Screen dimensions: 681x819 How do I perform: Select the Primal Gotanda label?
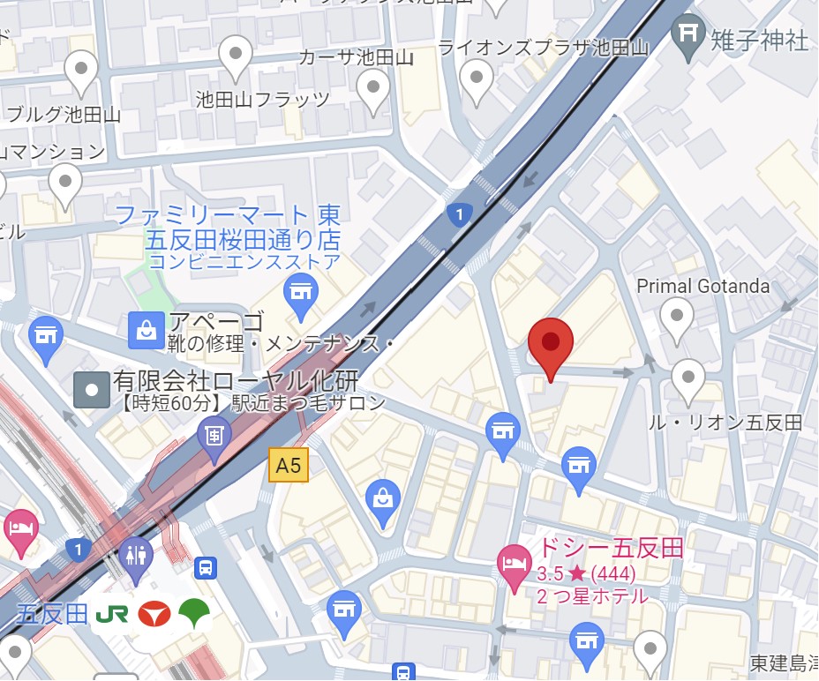click(703, 286)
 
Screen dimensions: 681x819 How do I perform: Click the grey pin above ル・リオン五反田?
click(688, 379)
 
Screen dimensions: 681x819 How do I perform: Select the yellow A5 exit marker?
click(289, 465)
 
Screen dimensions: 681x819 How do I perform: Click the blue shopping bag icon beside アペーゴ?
click(143, 330)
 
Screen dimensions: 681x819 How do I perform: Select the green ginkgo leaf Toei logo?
click(195, 613)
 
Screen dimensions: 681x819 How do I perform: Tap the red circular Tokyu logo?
click(154, 614)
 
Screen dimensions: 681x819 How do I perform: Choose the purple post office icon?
click(214, 435)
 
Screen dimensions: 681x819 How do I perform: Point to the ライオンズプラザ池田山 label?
click(544, 48)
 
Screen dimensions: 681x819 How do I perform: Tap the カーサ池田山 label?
click(356, 58)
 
